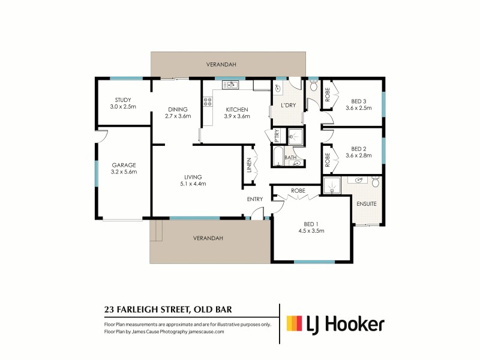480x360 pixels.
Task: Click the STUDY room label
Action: point(123,100)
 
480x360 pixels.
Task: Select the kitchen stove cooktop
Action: point(208,102)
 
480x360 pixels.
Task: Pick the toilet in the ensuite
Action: point(376,181)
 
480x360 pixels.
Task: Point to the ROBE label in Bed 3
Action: point(328,96)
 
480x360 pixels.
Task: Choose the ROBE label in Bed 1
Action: point(298,191)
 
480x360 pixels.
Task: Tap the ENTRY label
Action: point(254,199)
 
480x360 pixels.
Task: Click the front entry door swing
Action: point(256,212)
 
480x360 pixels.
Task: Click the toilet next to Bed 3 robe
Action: point(313,86)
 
